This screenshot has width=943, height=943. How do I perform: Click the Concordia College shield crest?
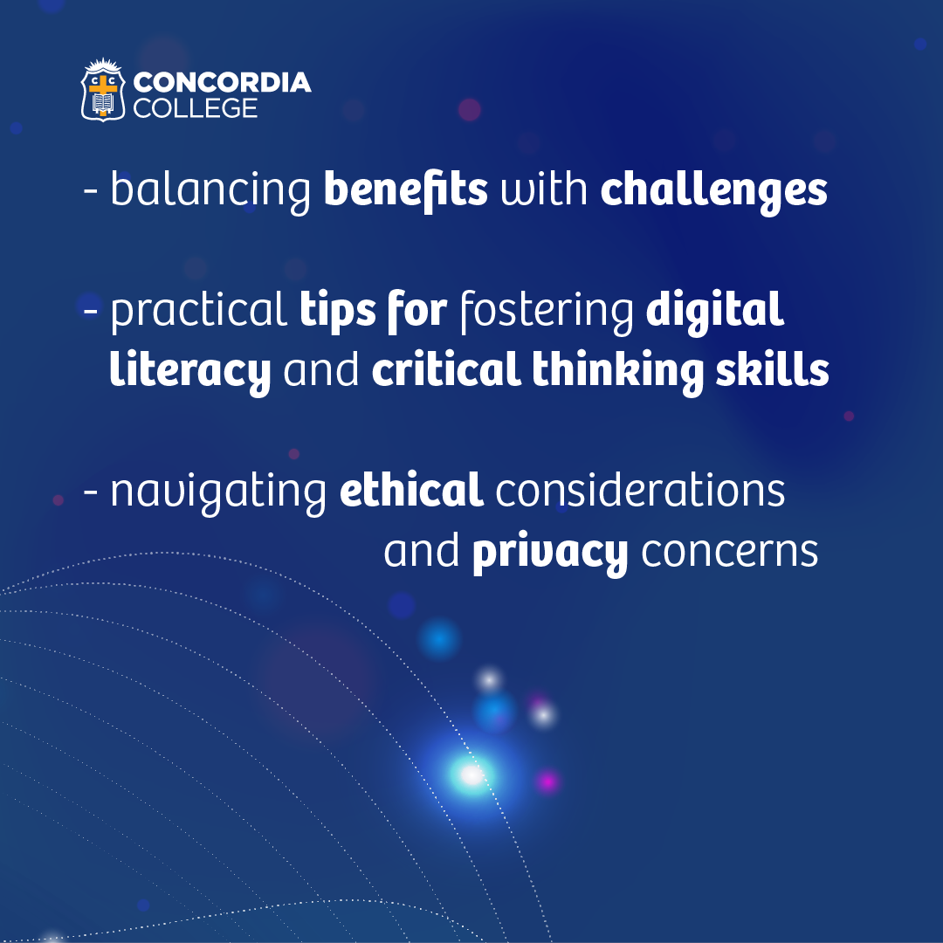point(103,90)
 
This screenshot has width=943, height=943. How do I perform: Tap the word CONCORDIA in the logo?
point(222,82)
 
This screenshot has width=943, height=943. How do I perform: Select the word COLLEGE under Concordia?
point(196,108)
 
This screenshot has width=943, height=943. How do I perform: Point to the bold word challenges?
point(714,191)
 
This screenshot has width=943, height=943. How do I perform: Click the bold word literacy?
point(190,371)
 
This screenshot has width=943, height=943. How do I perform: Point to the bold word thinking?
point(617,371)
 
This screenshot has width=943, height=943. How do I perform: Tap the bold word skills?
point(772,368)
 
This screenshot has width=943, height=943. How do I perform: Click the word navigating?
point(218,492)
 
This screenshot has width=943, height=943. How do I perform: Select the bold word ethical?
point(411,489)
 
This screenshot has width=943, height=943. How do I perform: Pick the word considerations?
point(640,490)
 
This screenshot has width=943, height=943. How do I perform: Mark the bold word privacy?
point(550,552)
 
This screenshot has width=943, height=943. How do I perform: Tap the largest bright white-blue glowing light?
point(472,775)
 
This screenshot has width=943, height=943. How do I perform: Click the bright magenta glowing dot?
point(547,781)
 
